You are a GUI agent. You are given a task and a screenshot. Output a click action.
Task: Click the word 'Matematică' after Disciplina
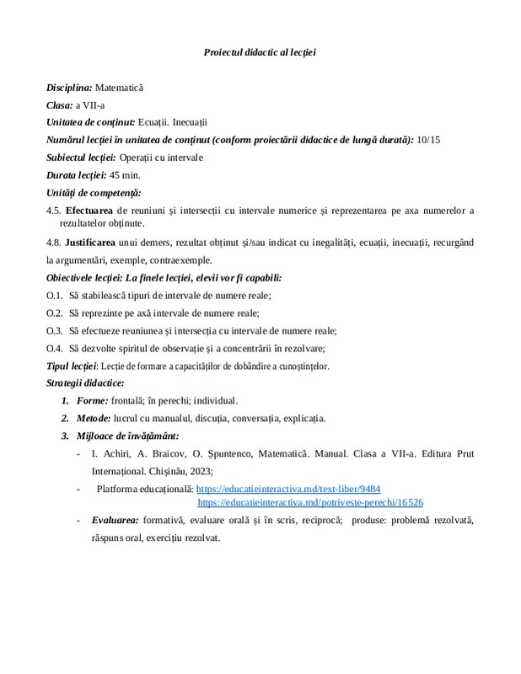(x=120, y=88)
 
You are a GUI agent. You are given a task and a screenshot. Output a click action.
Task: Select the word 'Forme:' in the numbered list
(x=93, y=400)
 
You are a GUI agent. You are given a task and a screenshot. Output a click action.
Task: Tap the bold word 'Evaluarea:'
(x=115, y=521)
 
